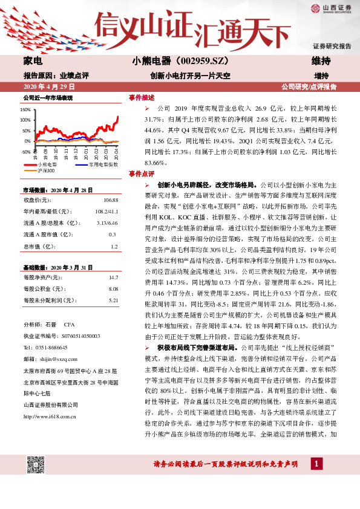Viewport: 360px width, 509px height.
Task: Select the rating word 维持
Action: (x=321, y=61)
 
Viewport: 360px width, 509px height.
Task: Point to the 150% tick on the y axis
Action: (x=26, y=110)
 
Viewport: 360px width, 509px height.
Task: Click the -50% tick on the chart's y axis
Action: (x=26, y=151)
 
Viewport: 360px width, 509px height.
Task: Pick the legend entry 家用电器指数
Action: (x=102, y=164)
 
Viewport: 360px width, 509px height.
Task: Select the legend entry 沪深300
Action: (x=46, y=171)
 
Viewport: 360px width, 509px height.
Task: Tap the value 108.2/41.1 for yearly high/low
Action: (x=106, y=211)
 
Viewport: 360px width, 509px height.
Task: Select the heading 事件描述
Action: (x=142, y=97)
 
